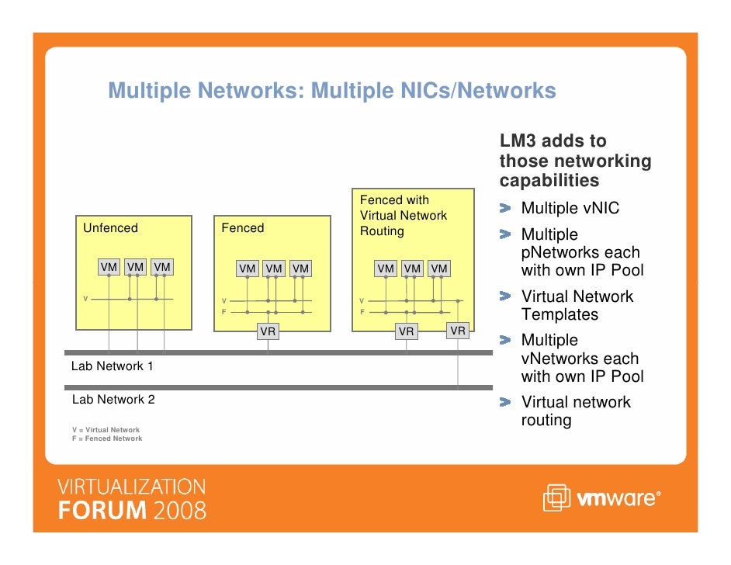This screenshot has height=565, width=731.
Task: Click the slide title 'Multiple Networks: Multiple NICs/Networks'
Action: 332,92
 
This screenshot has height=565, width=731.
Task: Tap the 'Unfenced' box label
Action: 110,228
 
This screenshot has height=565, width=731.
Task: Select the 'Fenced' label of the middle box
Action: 242,228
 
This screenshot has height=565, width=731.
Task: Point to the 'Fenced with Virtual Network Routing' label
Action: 404,216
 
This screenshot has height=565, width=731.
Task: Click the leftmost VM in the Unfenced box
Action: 109,268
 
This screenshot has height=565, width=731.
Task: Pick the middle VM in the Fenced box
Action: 274,269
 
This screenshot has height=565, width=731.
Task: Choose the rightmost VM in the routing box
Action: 439,269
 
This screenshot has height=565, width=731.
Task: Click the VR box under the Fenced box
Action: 268,331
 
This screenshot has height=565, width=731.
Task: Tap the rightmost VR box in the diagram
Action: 458,331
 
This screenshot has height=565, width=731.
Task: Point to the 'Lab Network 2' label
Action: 113,400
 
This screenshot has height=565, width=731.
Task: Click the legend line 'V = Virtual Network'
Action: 106,430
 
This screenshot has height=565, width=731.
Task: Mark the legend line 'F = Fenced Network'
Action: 107,438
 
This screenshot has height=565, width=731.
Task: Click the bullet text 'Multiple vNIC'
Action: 570,209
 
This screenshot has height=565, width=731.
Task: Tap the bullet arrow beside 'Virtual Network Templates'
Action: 506,296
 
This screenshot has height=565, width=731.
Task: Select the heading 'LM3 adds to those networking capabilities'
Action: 575,161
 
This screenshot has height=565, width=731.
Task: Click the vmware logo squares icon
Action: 556,498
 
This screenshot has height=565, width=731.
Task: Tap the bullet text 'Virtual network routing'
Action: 576,411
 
